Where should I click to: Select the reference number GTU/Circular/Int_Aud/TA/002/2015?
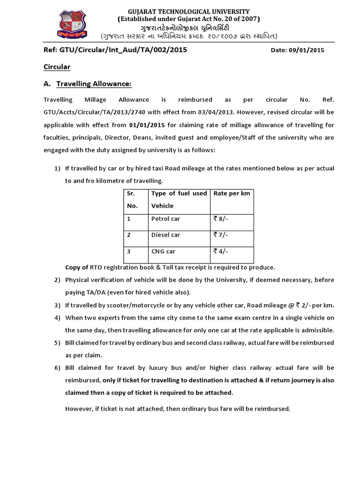click(x=115, y=50)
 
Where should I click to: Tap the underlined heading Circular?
click(x=57, y=67)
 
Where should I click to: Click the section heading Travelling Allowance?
click(x=94, y=84)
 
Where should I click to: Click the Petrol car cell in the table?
click(x=165, y=219)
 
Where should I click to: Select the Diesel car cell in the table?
click(x=165, y=235)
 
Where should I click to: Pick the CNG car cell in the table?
click(x=163, y=251)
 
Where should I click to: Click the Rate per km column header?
click(x=232, y=194)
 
